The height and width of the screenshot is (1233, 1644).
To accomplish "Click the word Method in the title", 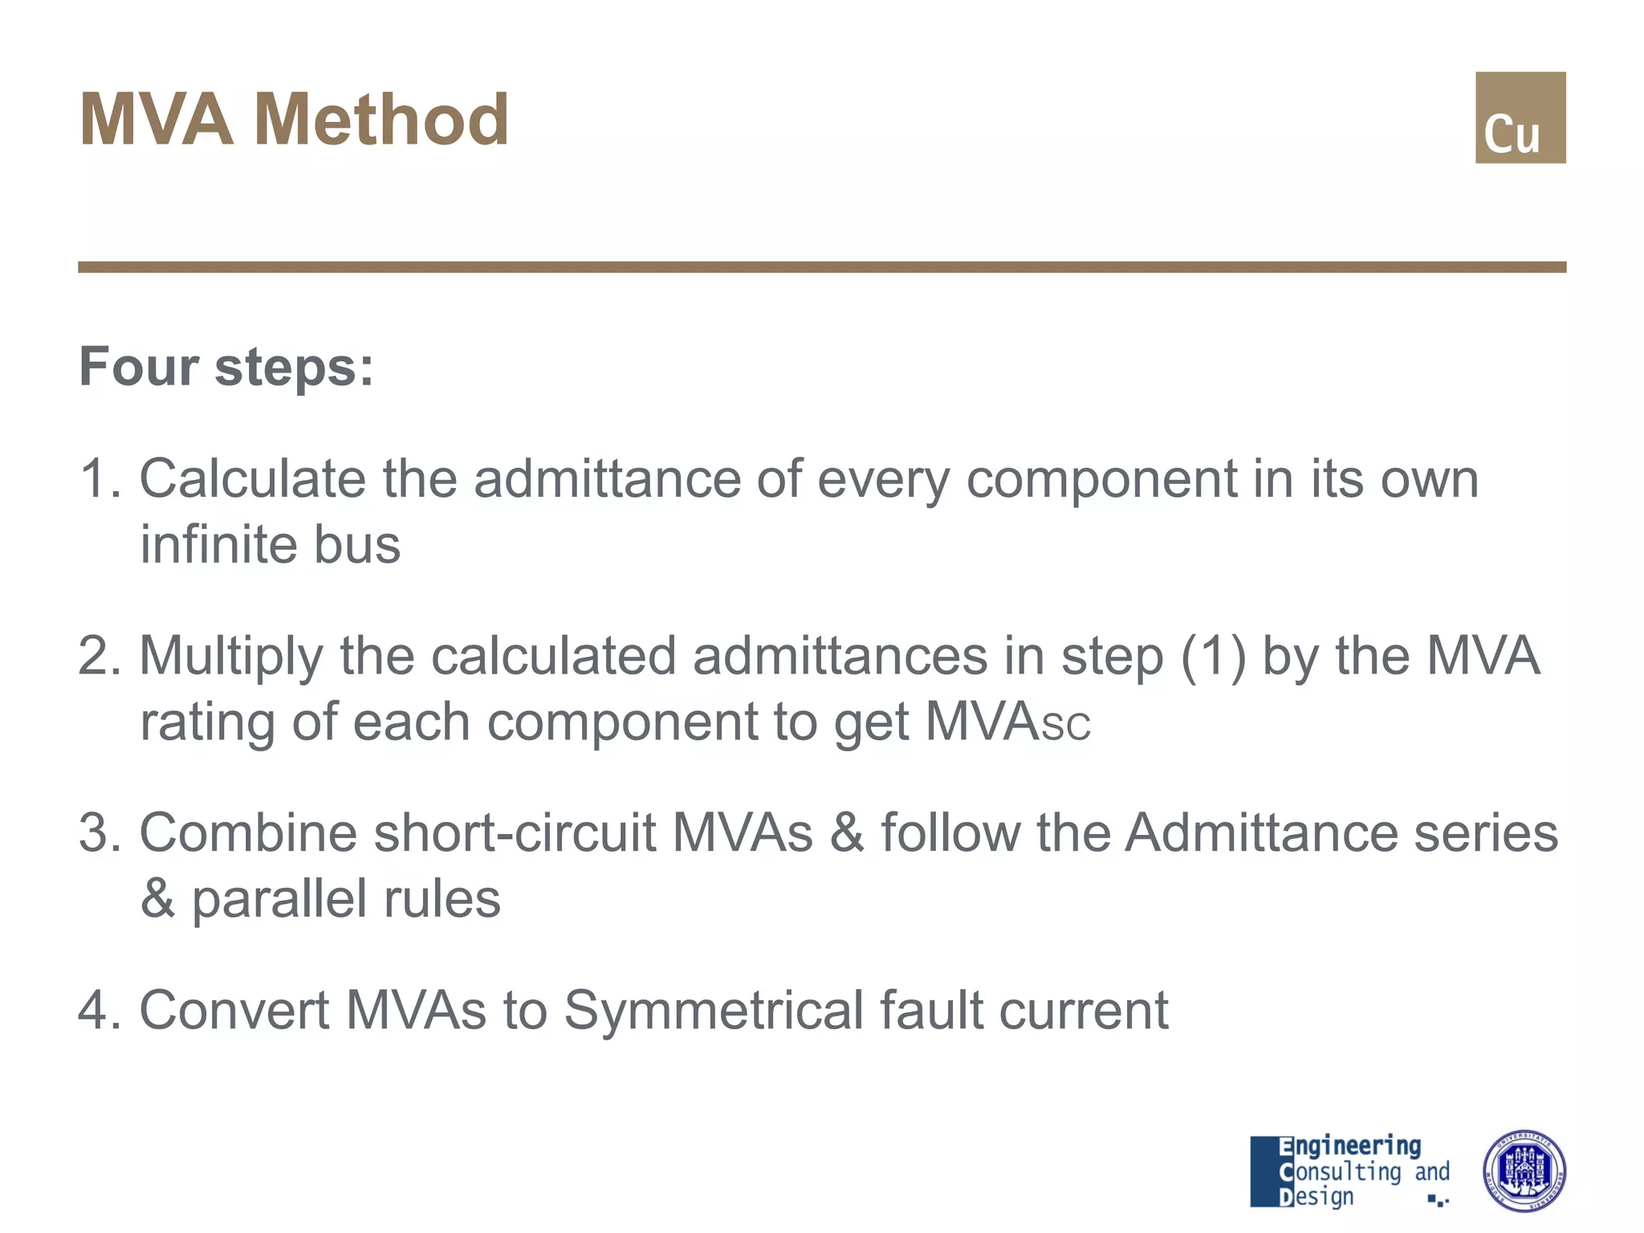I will (381, 120).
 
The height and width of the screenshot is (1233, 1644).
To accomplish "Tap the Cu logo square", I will (1520, 118).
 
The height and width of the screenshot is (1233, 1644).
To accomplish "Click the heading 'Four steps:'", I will (226, 367).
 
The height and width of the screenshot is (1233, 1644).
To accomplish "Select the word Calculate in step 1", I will (252, 479).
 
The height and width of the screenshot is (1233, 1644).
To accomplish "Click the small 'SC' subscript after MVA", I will (1065, 725).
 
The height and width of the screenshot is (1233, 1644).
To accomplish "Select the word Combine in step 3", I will (248, 832).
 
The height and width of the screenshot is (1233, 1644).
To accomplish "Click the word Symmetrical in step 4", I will (714, 1010).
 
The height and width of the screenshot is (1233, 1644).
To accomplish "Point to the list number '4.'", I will (99, 1010).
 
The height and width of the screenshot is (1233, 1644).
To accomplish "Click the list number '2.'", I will (99, 656).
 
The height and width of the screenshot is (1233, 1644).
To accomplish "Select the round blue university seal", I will (1524, 1171).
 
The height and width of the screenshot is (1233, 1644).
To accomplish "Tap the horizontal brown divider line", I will (822, 267).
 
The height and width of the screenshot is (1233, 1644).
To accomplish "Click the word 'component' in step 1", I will (1101, 479).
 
